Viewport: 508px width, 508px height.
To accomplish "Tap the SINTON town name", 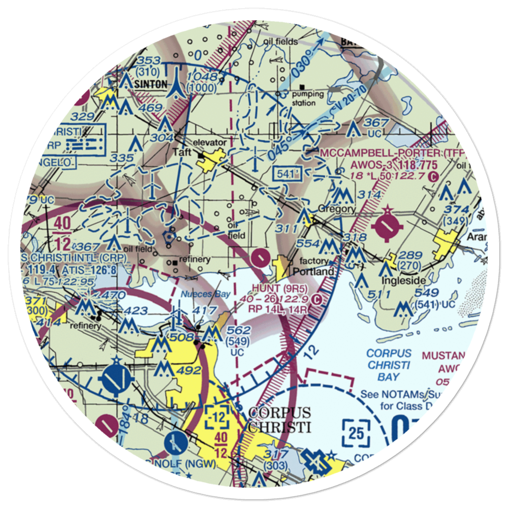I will point(151,84).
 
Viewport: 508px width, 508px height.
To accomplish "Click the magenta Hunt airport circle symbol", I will point(261,258).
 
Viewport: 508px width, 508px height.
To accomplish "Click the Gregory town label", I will point(336,209).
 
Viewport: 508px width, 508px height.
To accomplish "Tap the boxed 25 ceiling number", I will point(356,433).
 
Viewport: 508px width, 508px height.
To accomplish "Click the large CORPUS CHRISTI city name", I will point(279,419).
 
